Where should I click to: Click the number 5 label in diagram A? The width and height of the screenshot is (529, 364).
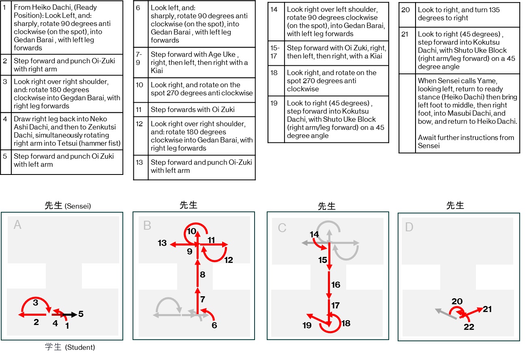[81, 314]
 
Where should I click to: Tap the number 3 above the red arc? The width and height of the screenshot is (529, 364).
[36, 303]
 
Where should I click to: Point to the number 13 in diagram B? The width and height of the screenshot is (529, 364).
[162, 243]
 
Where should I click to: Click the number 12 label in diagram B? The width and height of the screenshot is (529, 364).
[229, 260]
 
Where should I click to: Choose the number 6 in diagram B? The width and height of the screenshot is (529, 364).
[214, 325]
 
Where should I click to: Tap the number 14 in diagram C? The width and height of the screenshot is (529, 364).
[314, 235]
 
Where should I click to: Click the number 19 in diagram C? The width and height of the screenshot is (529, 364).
[307, 325]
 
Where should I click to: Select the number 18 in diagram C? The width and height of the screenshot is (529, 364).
[346, 323]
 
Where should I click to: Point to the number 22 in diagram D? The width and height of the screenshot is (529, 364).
[469, 327]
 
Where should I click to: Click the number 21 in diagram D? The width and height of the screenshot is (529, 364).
[487, 309]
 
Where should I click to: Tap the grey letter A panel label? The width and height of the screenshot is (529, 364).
[17, 224]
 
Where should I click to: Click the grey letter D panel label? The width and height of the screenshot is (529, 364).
[409, 226]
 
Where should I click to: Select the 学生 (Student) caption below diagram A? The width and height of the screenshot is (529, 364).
[70, 347]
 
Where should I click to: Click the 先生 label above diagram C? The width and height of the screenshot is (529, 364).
[327, 206]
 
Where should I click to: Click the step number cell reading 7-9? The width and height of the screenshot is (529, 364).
[139, 58]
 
